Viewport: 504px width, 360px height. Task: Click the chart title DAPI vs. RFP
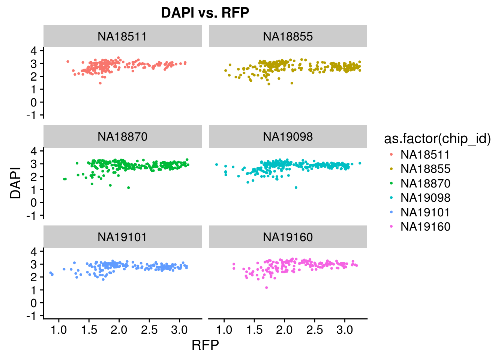[205, 13]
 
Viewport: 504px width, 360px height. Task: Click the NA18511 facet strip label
[122, 36]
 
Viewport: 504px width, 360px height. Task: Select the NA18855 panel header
[288, 36]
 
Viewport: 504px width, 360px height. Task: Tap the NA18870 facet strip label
[122, 136]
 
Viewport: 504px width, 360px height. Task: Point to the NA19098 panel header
[288, 136]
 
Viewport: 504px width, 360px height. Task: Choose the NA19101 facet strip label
[122, 237]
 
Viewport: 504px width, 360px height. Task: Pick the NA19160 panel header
[288, 237]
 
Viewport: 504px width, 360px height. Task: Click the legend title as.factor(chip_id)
[437, 139]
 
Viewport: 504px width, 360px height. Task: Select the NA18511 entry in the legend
[425, 154]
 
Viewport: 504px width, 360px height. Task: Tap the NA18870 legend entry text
[425, 183]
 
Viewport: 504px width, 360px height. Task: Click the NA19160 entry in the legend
[425, 226]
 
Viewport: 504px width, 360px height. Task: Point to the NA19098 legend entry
[425, 198]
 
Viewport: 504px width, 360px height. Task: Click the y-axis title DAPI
[16, 183]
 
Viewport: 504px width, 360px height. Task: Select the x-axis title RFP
[205, 345]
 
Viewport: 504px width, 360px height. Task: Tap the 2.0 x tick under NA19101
[119, 330]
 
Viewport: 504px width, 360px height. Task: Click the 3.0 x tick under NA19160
[345, 330]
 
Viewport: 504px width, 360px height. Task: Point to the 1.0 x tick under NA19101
[59, 330]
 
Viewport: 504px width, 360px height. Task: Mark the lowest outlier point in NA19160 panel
[267, 288]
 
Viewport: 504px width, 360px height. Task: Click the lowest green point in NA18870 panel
[129, 187]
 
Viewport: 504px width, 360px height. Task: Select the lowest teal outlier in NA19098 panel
[296, 187]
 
